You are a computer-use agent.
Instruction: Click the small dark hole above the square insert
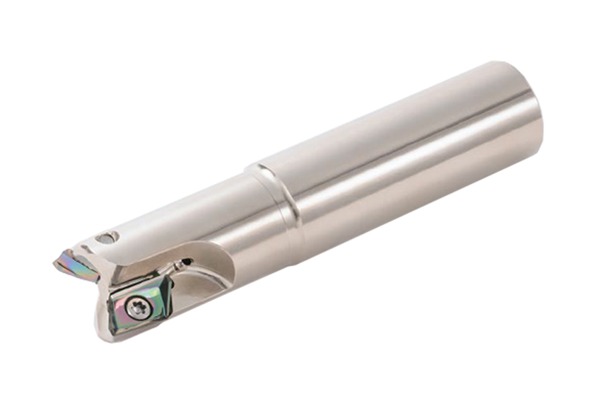(186, 262)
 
